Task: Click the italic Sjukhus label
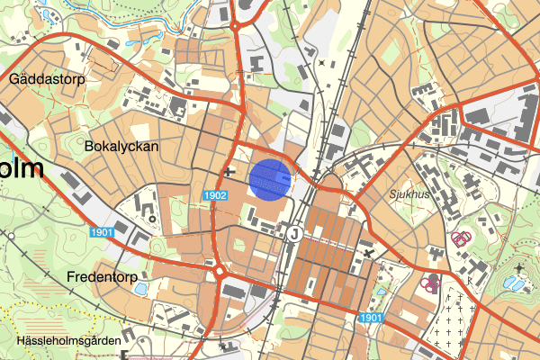pyautogui.click(x=388, y=193)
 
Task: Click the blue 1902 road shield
pyautogui.click(x=214, y=194)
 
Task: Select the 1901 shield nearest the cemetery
pyautogui.click(x=371, y=318)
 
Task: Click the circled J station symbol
pyautogui.click(x=294, y=232)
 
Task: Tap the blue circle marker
pyautogui.click(x=269, y=178)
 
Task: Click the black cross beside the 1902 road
pyautogui.click(x=231, y=171)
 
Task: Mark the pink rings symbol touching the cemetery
pyautogui.click(x=430, y=283)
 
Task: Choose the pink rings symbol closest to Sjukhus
pyautogui.click(x=461, y=238)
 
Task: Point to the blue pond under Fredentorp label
pyautogui.click(x=140, y=290)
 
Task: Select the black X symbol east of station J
pyautogui.click(x=370, y=255)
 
